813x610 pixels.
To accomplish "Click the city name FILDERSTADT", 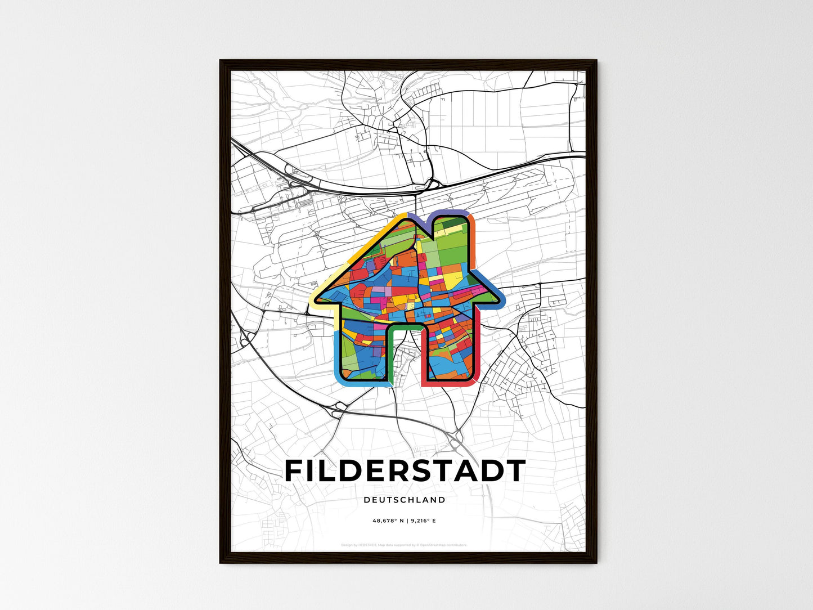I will [405, 471].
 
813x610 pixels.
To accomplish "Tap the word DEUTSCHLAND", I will [405, 500].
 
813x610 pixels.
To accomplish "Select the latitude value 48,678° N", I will [388, 521].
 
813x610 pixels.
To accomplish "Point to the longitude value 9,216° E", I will [423, 521].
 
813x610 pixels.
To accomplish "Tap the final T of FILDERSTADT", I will [516, 471].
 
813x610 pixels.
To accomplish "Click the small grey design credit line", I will [404, 545].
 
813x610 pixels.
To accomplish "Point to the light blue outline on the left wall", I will [336, 355].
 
